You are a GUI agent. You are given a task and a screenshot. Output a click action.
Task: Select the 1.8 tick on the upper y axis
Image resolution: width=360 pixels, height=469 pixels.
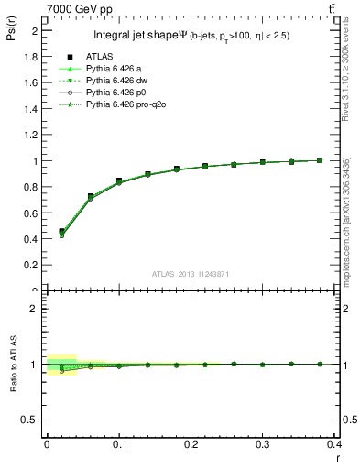34,57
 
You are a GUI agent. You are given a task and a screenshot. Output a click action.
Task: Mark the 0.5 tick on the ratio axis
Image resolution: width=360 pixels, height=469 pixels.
34,420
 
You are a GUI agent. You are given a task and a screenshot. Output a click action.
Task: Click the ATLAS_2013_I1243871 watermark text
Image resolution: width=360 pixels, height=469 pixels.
191,274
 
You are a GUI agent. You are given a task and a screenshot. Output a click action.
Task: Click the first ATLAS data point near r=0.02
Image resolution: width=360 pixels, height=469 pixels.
61,232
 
